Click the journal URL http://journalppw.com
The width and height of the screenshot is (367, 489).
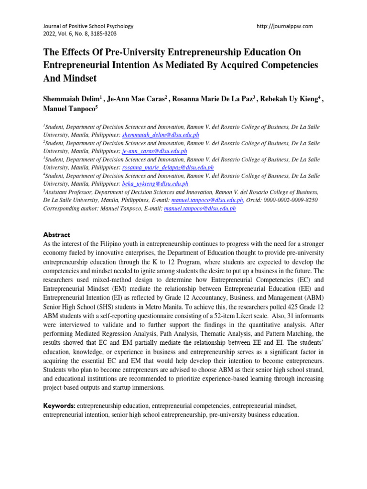[285, 26]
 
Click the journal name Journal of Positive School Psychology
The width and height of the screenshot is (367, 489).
[88, 26]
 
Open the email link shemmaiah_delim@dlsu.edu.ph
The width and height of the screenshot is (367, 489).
[161, 135]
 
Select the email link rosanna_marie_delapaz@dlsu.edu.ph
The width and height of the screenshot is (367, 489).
[168, 168]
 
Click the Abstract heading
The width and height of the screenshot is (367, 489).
[57, 235]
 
